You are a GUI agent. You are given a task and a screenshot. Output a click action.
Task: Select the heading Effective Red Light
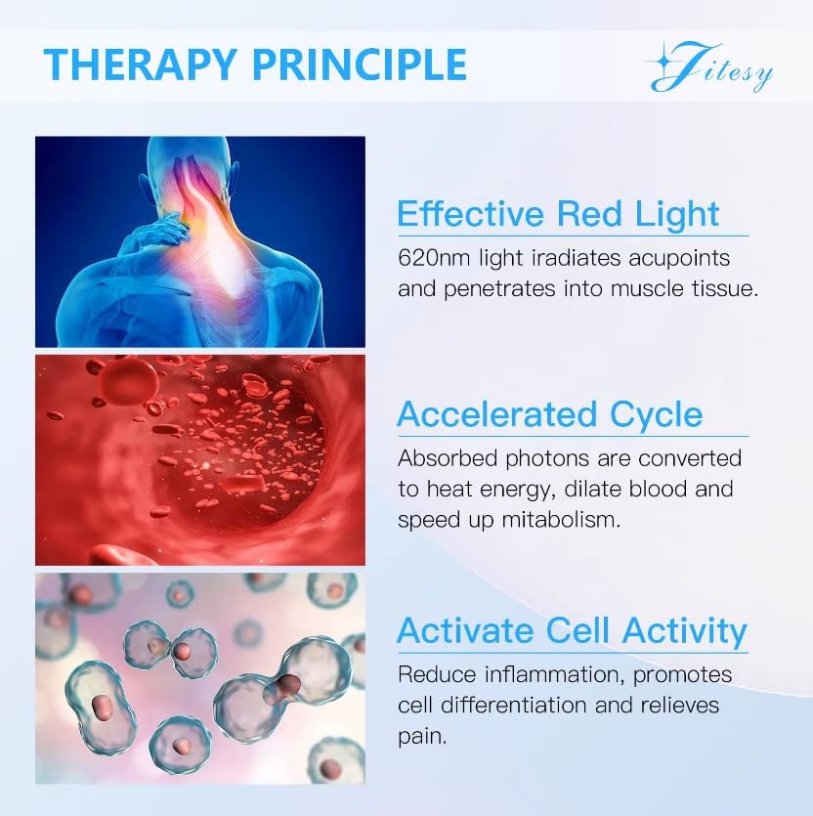pyautogui.click(x=558, y=214)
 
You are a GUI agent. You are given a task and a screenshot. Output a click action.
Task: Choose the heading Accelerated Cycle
pyautogui.click(x=550, y=414)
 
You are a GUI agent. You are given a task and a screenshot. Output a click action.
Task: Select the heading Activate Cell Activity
pyautogui.click(x=572, y=630)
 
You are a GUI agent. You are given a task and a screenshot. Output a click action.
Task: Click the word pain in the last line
pyautogui.click(x=422, y=736)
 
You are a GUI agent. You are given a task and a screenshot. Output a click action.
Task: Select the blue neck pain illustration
pyautogui.click(x=200, y=241)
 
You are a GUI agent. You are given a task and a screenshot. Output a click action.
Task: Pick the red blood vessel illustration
pyautogui.click(x=200, y=459)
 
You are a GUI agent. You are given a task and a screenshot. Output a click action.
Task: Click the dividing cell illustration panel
pyautogui.click(x=200, y=677)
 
